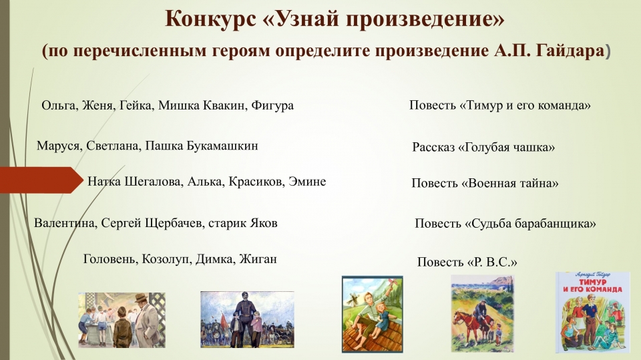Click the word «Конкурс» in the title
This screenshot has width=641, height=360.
click(210, 19)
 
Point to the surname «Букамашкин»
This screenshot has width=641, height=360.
click(222, 146)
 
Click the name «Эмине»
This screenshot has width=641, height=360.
click(307, 181)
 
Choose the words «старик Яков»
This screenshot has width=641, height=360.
click(243, 223)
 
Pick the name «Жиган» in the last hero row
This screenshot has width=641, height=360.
click(258, 259)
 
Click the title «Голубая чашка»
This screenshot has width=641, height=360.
click(507, 147)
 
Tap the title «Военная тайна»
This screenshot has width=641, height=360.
click(509, 183)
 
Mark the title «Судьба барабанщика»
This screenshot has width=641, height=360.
click(531, 223)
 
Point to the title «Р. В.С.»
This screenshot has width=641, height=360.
click(491, 262)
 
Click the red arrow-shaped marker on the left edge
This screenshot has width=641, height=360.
click(41, 180)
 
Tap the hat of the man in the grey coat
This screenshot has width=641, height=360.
click(141, 297)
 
